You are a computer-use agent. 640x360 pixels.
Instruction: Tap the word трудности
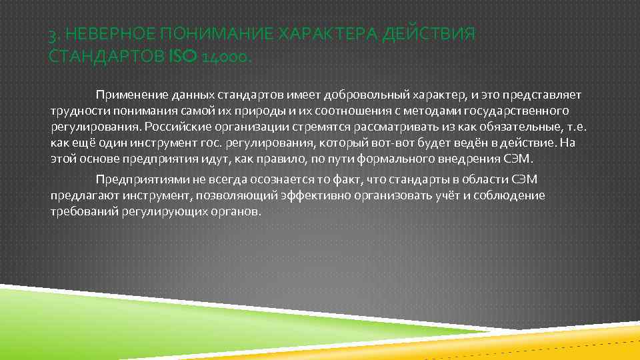pos(77,110)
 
